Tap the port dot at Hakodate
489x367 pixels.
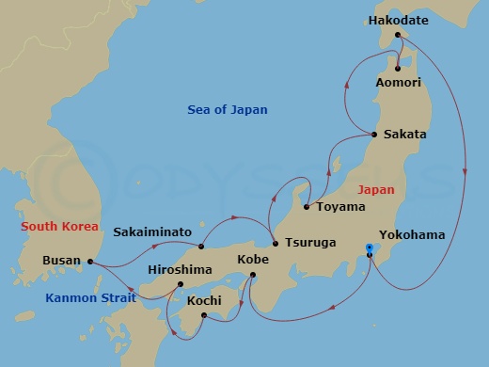(399, 36)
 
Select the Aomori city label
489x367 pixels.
(400, 85)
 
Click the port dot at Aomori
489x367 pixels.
(399, 68)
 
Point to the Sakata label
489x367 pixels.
(404, 135)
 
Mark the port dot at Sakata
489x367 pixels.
(374, 135)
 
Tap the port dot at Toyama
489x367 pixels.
(306, 206)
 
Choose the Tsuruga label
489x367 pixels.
(310, 242)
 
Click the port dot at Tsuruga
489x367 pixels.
(275, 242)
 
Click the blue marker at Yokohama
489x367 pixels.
(370, 249)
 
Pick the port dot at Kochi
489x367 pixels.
(203, 315)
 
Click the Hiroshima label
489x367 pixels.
(180, 269)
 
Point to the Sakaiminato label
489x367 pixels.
(152, 231)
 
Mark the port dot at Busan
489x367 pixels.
(90, 262)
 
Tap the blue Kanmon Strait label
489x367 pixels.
(90, 297)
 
